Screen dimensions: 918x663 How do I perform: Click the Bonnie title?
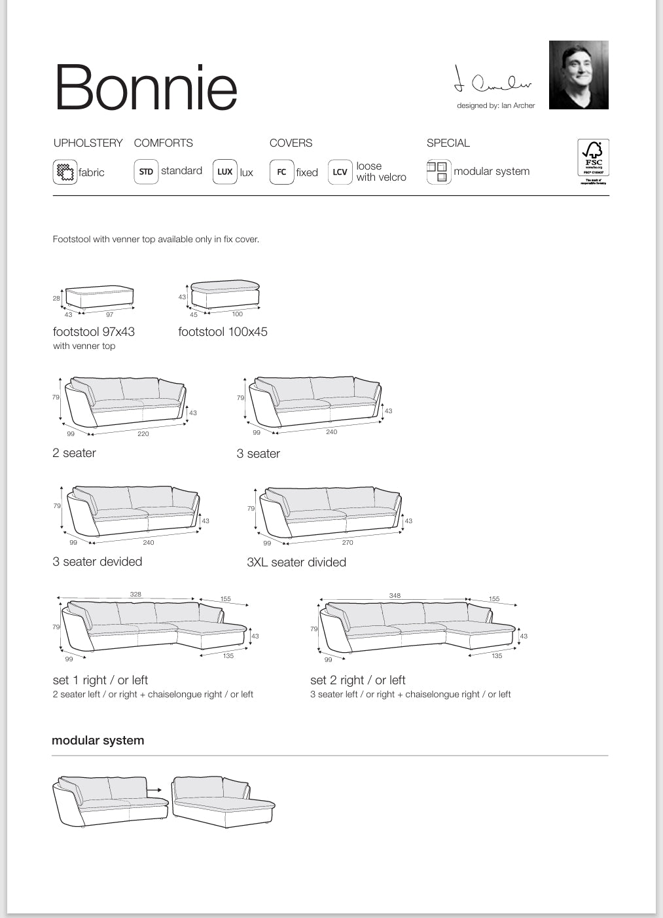(146, 88)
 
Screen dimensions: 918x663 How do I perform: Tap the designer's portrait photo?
(579, 75)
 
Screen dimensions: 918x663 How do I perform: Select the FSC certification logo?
(593, 160)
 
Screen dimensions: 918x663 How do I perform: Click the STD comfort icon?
(146, 172)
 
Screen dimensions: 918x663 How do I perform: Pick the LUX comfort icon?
(224, 172)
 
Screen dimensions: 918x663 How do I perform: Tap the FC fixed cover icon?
(281, 172)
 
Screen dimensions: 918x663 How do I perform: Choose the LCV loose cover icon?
(340, 172)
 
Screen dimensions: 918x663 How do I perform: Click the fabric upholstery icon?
(65, 172)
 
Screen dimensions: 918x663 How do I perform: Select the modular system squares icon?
(438, 172)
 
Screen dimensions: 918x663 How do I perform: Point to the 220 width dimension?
(143, 433)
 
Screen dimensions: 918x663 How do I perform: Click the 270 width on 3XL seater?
(348, 542)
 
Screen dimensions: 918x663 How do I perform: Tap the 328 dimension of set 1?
(135, 594)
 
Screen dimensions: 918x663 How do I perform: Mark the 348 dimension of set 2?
(395, 595)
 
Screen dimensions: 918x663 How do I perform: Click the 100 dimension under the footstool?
(237, 314)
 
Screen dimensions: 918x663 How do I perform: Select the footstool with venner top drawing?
(99, 297)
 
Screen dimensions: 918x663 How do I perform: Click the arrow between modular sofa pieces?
(154, 790)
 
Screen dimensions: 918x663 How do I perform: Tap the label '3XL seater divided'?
(296, 562)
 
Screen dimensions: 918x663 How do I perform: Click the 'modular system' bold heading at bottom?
(98, 741)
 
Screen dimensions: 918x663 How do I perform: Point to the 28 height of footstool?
(56, 298)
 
